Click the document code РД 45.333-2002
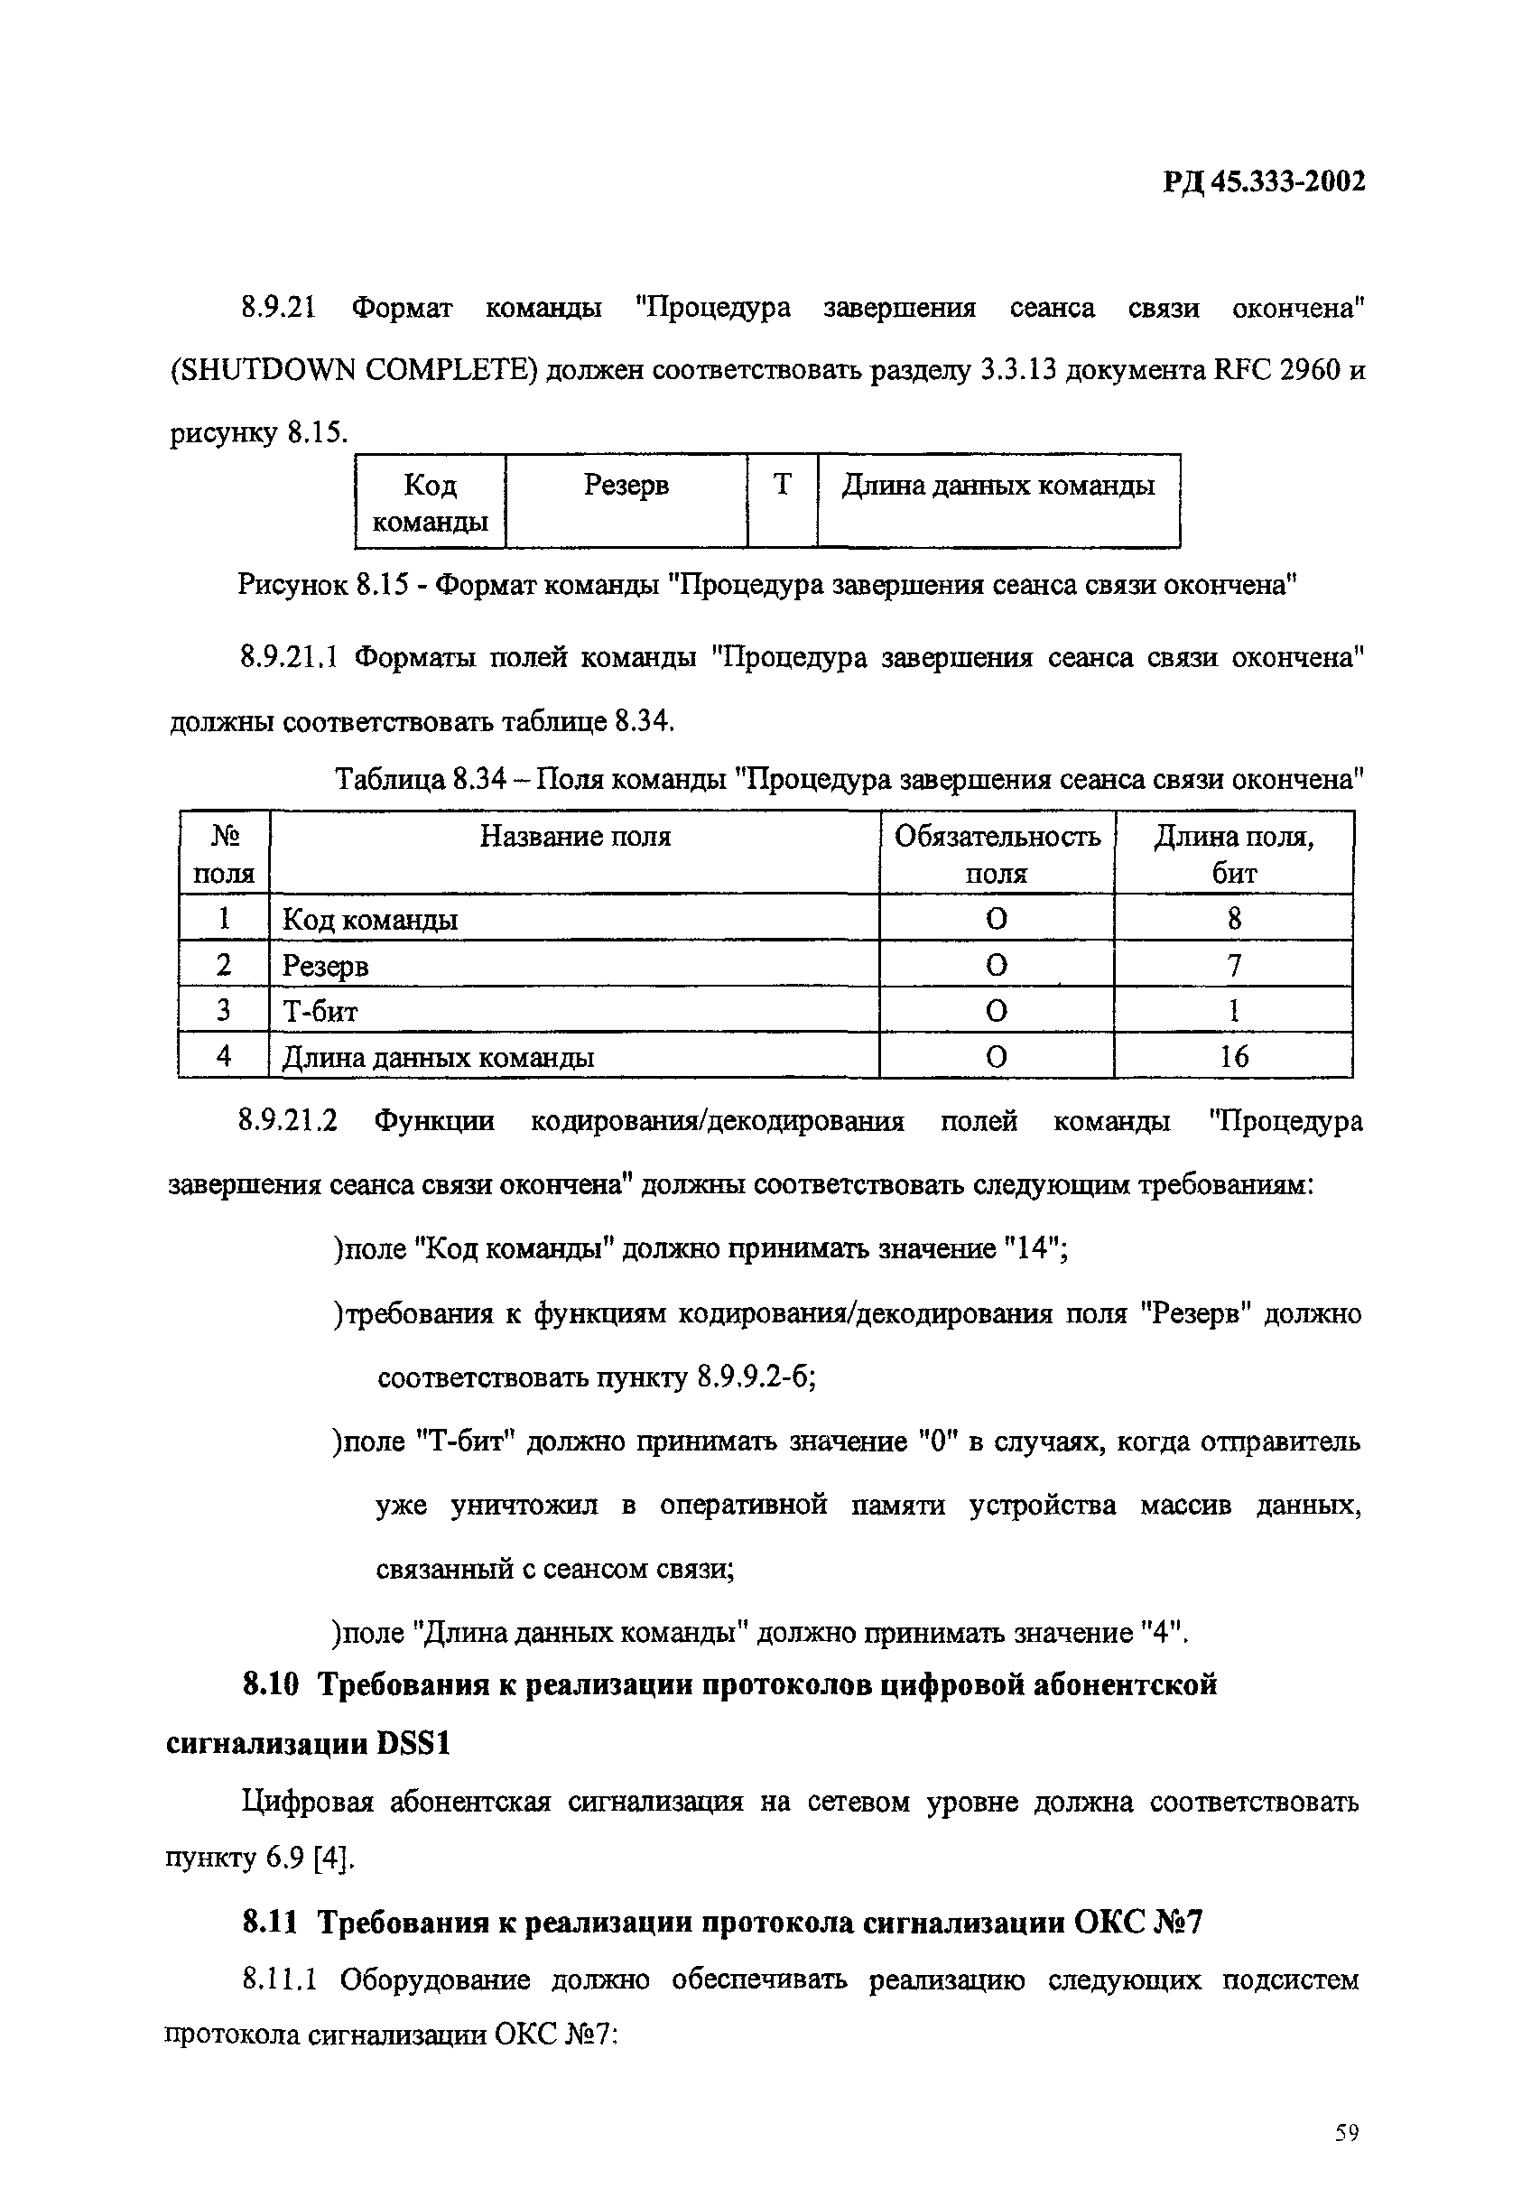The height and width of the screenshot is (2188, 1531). tap(1263, 181)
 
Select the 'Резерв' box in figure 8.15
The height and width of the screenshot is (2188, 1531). tap(626, 499)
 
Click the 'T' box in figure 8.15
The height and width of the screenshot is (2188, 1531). tap(782, 499)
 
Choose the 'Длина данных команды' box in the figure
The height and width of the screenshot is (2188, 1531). tap(997, 499)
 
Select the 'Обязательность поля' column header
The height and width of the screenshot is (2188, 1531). tap(997, 853)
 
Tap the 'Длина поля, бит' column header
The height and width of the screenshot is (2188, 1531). tap(1234, 853)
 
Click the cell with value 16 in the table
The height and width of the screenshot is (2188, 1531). tap(1234, 1056)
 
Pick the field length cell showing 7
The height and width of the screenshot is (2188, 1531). tap(1234, 965)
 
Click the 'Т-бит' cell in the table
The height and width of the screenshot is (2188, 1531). tap(321, 1010)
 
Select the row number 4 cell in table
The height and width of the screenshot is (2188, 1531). tap(224, 1056)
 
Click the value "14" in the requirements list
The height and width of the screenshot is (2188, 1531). tap(1034, 1248)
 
